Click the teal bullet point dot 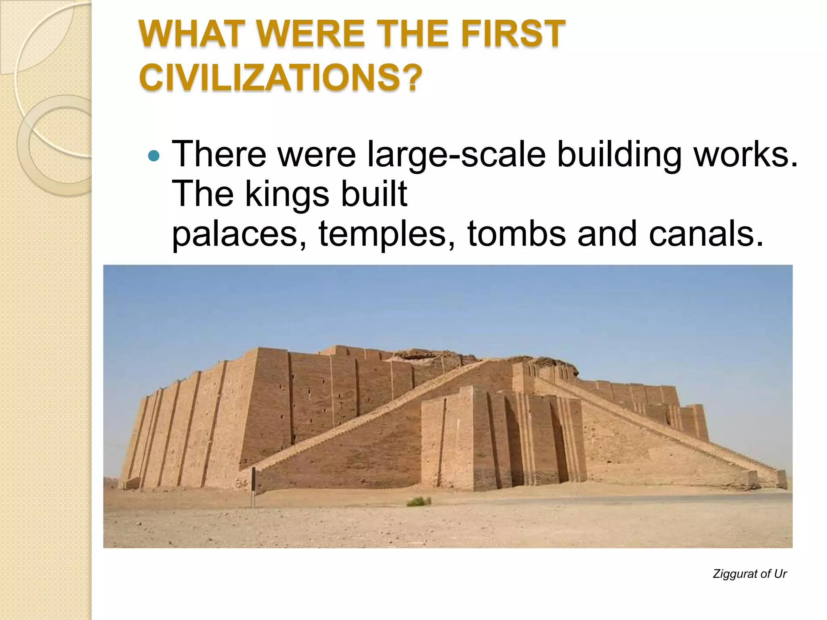click(154, 155)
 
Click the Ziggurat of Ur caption click(749, 574)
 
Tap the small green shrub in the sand click(419, 501)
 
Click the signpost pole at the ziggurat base click(253, 486)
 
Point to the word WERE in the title click(311, 34)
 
